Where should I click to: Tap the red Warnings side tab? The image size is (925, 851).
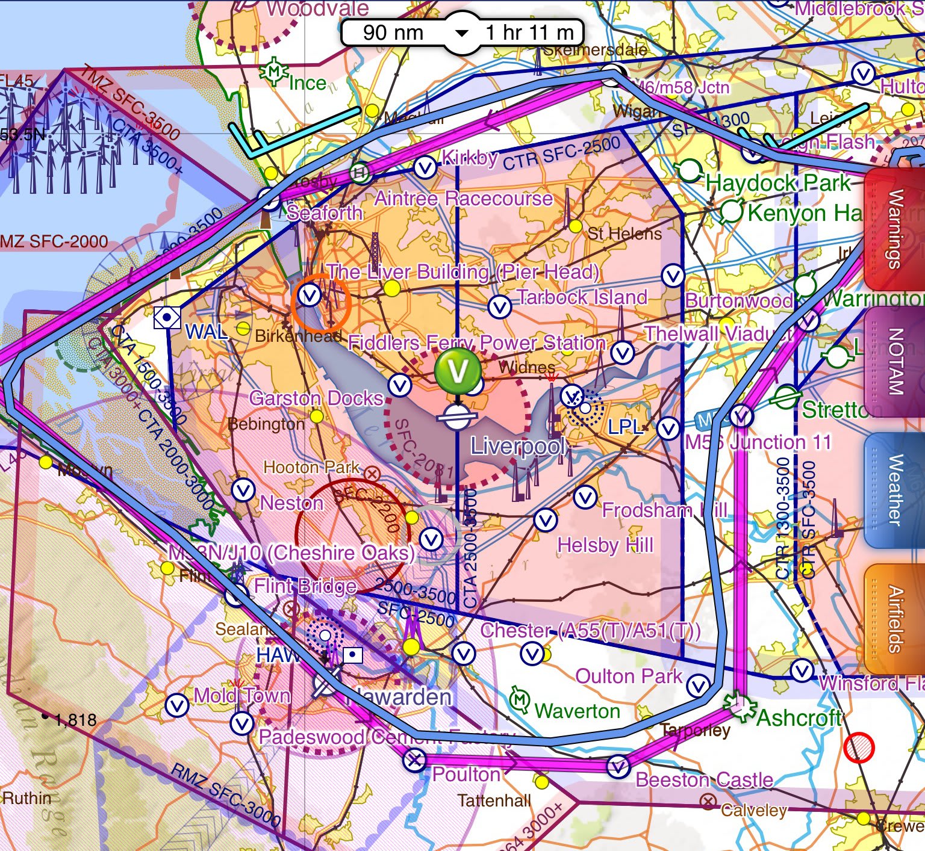pyautogui.click(x=894, y=229)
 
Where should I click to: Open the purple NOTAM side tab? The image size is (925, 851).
pyautogui.click(x=894, y=361)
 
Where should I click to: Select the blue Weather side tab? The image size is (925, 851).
pyautogui.click(x=894, y=490)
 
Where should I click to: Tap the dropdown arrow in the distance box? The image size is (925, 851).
pyautogui.click(x=461, y=32)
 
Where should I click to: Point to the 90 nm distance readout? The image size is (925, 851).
pyautogui.click(x=393, y=32)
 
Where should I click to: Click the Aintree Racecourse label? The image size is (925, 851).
pyautogui.click(x=464, y=199)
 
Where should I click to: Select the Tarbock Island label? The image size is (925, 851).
pyautogui.click(x=582, y=297)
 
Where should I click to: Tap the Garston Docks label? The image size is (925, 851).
pyautogui.click(x=316, y=398)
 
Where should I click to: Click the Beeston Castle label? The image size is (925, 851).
pyautogui.click(x=704, y=780)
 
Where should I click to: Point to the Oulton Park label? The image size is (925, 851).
pyautogui.click(x=629, y=676)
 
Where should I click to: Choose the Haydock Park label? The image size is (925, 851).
pyautogui.click(x=778, y=182)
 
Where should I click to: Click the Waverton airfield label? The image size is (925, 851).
pyautogui.click(x=577, y=711)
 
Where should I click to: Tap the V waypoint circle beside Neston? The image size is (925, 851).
pyautogui.click(x=243, y=490)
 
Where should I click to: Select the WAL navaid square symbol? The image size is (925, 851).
pyautogui.click(x=167, y=317)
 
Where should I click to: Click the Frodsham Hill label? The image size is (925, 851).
pyautogui.click(x=665, y=510)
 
